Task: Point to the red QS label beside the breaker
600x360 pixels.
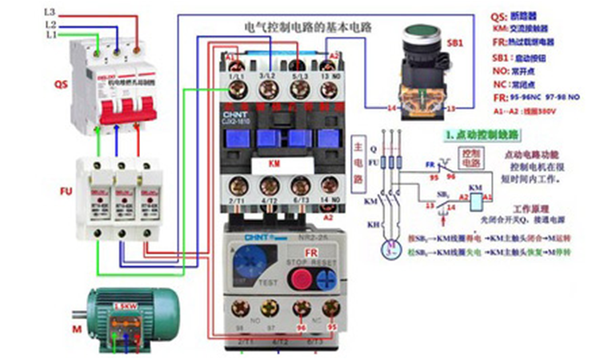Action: pos(61,83)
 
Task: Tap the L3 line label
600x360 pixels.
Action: pos(50,13)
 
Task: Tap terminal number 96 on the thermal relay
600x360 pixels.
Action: pos(302,327)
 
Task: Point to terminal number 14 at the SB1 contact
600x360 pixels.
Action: pos(392,107)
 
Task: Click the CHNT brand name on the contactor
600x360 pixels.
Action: pos(231,114)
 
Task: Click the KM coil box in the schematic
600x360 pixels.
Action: pos(474,195)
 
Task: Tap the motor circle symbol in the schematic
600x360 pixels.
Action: pos(391,249)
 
